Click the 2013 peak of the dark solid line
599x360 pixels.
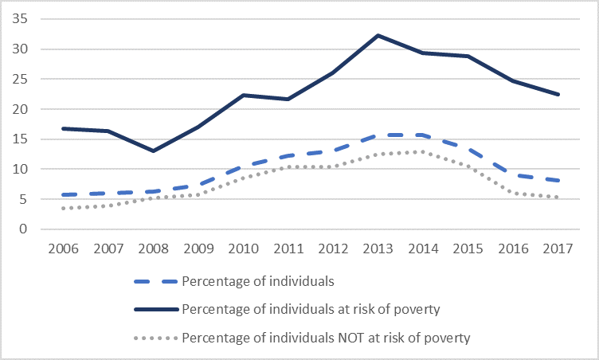[378, 35]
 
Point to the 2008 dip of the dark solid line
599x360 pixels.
[152, 151]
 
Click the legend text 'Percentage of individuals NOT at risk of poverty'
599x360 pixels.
[326, 338]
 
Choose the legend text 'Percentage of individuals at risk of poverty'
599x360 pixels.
[311, 309]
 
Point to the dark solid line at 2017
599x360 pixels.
[558, 94]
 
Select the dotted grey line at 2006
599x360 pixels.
[62, 208]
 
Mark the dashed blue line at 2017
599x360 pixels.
[558, 181]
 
